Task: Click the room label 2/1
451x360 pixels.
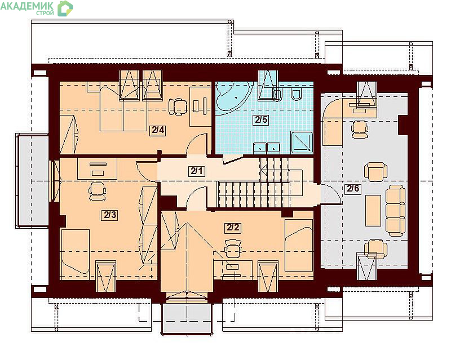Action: [197, 171]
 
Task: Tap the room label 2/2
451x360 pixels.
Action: [233, 228]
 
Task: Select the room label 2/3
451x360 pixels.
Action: [110, 215]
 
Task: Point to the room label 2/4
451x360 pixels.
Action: [158, 130]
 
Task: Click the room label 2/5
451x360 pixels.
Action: [261, 119]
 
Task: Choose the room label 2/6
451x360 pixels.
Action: [353, 189]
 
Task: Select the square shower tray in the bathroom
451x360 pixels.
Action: [302, 142]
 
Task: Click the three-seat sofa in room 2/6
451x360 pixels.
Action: [395, 211]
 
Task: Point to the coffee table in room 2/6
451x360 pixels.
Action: [373, 210]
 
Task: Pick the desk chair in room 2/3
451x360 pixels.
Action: [97, 191]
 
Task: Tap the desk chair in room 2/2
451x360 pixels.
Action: [232, 248]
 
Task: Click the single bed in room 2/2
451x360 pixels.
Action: [299, 245]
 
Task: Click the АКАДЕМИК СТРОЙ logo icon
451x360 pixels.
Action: [65, 8]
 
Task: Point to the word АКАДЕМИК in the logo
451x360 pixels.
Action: [27, 6]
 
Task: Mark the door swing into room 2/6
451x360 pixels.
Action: [331, 194]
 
